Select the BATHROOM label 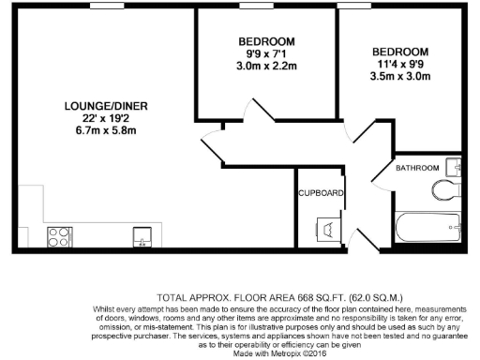point(416,168)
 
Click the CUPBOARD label point(322,194)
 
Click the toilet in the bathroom point(448,193)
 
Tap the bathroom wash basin point(455,167)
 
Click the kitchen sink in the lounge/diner point(142,235)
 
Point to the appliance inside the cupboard point(328,229)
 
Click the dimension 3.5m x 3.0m point(399,78)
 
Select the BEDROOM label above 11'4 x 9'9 point(399,52)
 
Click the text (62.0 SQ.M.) point(372,294)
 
